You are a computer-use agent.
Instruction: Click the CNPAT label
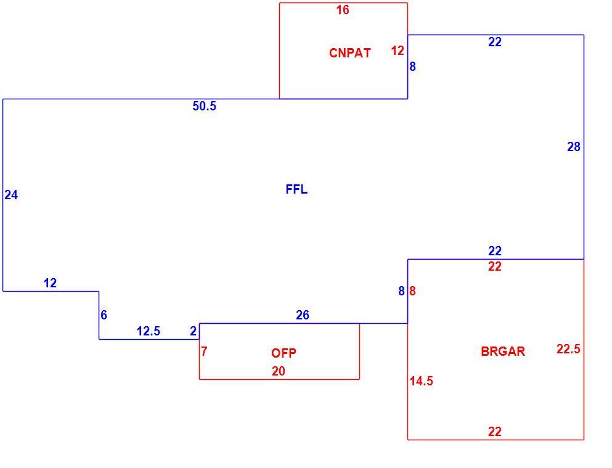click(349, 52)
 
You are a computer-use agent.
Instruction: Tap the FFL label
click(296, 189)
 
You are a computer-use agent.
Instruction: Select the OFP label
click(284, 353)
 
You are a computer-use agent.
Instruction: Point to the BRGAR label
click(503, 351)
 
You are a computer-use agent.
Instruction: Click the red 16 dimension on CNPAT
click(343, 10)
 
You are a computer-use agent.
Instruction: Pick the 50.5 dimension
click(204, 106)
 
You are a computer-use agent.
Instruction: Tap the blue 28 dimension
click(574, 147)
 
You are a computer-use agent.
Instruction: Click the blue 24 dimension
click(11, 195)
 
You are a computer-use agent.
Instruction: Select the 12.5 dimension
click(149, 331)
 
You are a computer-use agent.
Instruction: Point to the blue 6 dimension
click(104, 315)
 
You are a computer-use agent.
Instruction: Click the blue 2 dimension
click(193, 331)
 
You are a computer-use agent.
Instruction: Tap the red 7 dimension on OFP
click(204, 351)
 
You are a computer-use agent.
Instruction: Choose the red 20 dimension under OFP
click(279, 371)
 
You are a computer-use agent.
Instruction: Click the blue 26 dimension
click(303, 315)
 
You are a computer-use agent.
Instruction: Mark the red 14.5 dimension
click(421, 381)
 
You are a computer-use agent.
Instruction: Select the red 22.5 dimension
click(568, 349)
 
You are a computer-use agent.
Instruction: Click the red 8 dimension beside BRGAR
click(412, 291)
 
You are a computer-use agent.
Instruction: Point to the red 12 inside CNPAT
click(398, 51)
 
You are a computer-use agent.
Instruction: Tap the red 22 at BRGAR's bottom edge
click(494, 432)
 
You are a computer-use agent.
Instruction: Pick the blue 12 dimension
click(51, 283)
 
